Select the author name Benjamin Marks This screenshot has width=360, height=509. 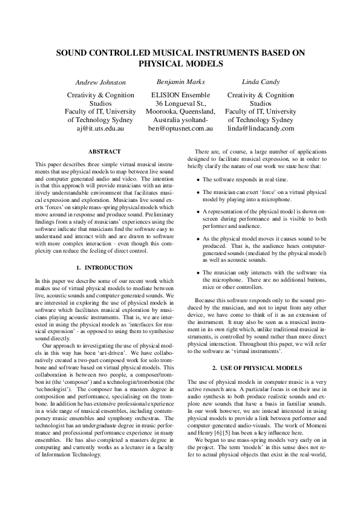(x=180, y=81)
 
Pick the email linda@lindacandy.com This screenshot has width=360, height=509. (x=260, y=128)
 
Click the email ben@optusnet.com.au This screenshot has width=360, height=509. (x=180, y=128)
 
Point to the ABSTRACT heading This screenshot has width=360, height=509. (x=104, y=151)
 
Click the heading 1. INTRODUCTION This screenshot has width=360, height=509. (x=104, y=267)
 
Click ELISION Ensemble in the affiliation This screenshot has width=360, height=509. (x=180, y=96)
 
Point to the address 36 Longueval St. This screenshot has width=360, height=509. (x=180, y=103)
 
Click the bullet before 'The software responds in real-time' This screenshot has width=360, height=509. (x=198, y=180)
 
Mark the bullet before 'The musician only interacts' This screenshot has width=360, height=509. (x=198, y=273)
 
